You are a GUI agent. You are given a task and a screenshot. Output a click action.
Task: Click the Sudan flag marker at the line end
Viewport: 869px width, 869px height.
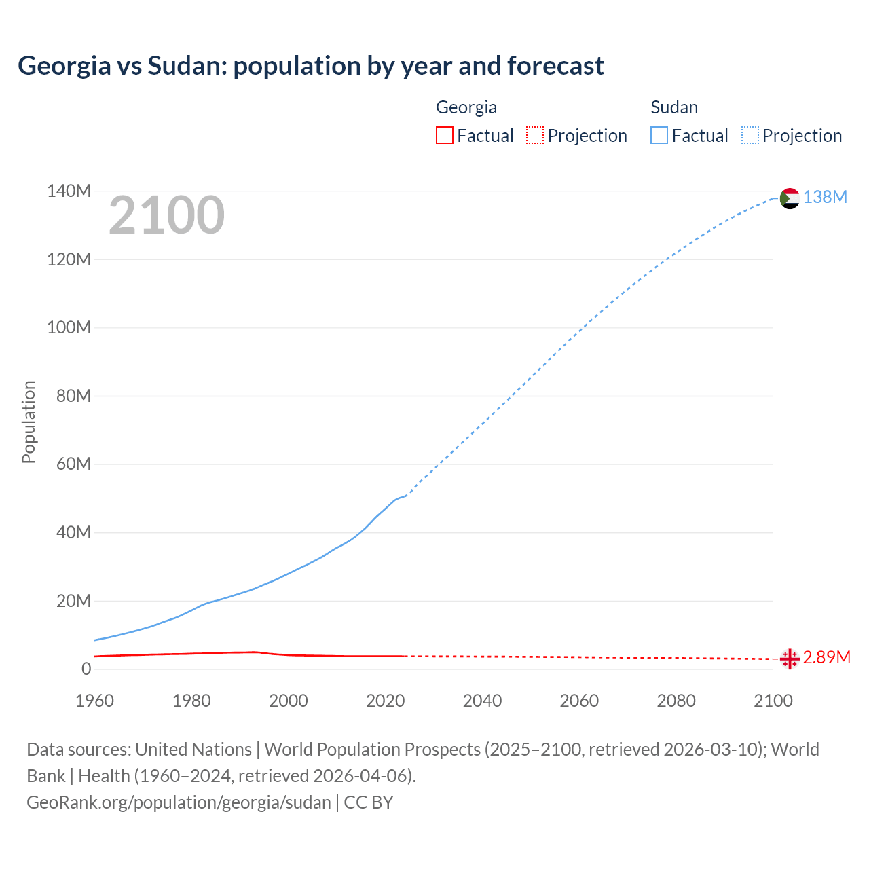pyautogui.click(x=790, y=198)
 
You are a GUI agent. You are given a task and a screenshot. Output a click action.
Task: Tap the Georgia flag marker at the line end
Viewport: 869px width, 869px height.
pyautogui.click(x=790, y=659)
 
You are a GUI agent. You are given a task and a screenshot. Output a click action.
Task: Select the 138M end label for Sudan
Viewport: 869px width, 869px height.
pyautogui.click(x=825, y=197)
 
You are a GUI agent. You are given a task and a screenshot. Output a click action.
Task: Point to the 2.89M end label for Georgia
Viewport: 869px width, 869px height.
pyautogui.click(x=826, y=657)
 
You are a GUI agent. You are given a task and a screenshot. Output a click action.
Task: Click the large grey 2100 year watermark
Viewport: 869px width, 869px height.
pyautogui.click(x=166, y=215)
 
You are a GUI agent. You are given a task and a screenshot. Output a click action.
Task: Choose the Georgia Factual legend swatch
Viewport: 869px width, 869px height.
pyautogui.click(x=444, y=135)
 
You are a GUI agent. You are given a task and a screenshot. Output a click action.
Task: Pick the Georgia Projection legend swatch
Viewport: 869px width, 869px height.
pyautogui.click(x=535, y=135)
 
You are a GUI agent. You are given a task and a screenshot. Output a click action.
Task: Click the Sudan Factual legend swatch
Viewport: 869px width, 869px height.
pyautogui.click(x=659, y=135)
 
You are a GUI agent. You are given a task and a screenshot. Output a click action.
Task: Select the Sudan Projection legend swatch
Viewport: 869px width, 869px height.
pyautogui.click(x=750, y=135)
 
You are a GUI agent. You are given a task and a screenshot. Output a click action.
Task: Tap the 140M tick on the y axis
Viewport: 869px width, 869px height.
pyautogui.click(x=69, y=191)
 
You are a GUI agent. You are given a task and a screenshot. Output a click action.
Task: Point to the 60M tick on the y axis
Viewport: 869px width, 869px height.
pyautogui.click(x=73, y=464)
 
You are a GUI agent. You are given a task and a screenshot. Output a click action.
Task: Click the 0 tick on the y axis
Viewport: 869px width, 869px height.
pyautogui.click(x=86, y=669)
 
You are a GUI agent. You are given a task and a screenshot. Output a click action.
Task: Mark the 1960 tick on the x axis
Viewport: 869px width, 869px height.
pyautogui.click(x=94, y=701)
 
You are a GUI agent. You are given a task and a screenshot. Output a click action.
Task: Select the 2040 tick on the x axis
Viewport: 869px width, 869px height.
pyautogui.click(x=482, y=701)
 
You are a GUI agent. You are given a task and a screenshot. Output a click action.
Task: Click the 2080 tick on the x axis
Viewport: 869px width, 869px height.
pyautogui.click(x=676, y=701)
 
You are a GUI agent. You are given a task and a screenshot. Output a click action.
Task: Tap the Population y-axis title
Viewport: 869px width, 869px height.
pyautogui.click(x=29, y=422)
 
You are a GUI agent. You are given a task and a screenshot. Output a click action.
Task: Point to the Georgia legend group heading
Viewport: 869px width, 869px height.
pyautogui.click(x=466, y=107)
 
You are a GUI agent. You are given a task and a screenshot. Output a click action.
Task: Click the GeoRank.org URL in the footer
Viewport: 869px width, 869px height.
pyautogui.click(x=179, y=802)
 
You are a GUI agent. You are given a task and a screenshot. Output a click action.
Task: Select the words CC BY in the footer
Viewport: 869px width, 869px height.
pyautogui.click(x=369, y=802)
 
